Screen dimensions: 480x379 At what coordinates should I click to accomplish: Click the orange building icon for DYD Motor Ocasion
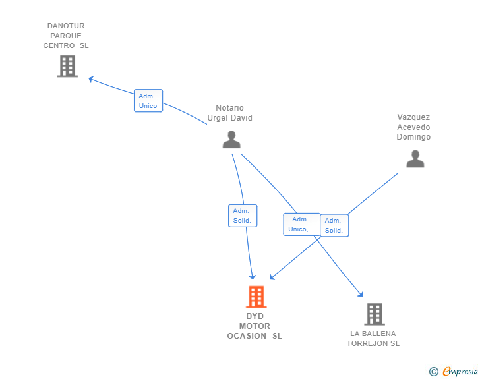click(256, 297)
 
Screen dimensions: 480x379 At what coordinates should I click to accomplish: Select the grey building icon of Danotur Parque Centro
click(67, 66)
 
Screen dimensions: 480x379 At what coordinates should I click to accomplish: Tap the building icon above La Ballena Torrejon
click(375, 314)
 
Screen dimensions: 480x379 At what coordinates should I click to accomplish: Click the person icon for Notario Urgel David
click(231, 140)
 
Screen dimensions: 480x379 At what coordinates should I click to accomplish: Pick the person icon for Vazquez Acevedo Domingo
click(415, 159)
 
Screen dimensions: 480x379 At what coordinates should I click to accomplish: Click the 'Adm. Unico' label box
click(148, 101)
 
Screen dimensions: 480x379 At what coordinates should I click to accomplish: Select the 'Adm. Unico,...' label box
click(302, 224)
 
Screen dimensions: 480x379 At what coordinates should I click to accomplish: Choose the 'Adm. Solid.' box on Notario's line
click(243, 216)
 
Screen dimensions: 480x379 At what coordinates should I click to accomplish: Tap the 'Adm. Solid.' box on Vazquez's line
click(334, 225)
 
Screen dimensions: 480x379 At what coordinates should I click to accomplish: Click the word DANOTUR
click(66, 26)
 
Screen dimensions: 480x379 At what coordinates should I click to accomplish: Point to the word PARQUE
click(66, 36)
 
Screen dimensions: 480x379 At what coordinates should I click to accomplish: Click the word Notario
click(229, 107)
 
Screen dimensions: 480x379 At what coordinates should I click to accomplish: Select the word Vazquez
click(413, 117)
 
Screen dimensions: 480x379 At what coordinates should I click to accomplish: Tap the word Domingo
click(413, 137)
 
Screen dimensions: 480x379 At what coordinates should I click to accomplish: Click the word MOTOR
click(255, 326)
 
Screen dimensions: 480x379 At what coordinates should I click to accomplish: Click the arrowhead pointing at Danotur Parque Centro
click(90, 79)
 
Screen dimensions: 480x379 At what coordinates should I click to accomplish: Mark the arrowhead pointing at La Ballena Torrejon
click(361, 294)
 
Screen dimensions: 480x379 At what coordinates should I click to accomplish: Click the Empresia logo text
click(460, 371)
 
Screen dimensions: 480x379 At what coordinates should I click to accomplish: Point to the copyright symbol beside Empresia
click(434, 372)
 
